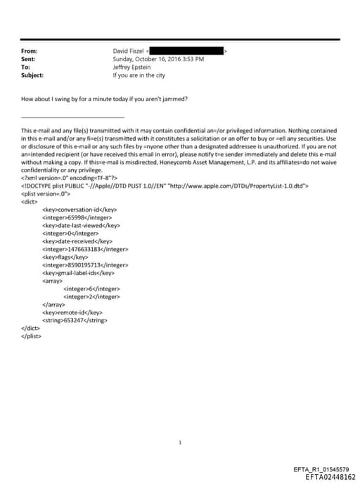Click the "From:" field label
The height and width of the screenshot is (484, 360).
click(30, 51)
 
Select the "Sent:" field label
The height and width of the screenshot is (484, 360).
click(29, 59)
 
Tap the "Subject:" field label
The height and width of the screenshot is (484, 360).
click(32, 75)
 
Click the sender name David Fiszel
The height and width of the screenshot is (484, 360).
click(128, 51)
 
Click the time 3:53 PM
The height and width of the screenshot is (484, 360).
click(192, 59)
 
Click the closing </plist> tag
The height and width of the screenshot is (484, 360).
click(32, 336)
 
